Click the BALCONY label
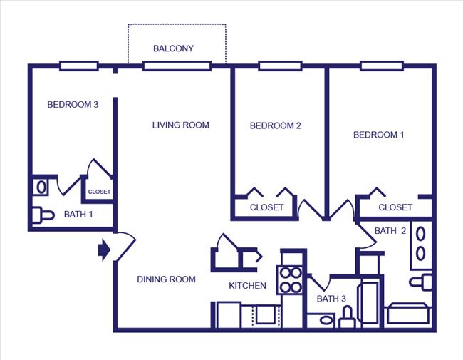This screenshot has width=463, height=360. point(173,48)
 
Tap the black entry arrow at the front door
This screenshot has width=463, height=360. point(103,249)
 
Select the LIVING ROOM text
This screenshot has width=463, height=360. point(180,125)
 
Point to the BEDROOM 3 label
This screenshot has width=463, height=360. point(72,105)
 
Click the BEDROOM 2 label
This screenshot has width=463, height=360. point(275,126)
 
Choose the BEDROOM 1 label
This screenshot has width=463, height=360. point(379,135)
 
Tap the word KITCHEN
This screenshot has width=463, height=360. point(247,286)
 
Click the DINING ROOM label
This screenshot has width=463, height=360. point(166,279)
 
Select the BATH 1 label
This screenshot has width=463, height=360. point(78,214)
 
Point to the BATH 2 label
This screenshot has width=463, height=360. point(390,231)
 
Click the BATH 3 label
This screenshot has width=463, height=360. point(331,299)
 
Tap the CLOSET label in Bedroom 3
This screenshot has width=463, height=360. point(99,192)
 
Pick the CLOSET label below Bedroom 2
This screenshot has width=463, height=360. point(266,207)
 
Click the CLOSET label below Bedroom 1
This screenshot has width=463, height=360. point(395,207)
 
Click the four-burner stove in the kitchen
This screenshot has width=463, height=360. point(291,279)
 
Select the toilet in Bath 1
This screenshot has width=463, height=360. point(43,214)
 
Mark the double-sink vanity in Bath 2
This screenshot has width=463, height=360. point(421,242)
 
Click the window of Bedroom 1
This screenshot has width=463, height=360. point(383,66)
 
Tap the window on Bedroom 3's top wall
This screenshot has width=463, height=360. point(78,66)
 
